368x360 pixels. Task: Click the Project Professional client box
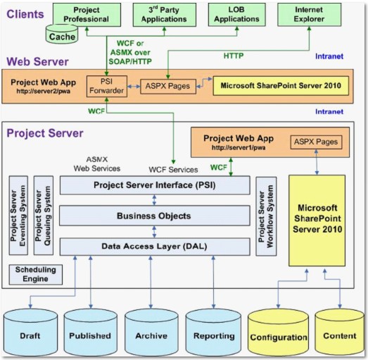[87, 15]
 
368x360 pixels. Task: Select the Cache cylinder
[62, 35]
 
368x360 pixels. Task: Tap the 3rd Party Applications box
[164, 15]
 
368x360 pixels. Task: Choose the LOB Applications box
[237, 14]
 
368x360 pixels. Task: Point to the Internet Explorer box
[310, 14]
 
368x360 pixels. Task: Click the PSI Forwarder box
[107, 86]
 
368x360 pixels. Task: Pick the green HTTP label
[234, 56]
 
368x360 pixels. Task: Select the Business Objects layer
[154, 216]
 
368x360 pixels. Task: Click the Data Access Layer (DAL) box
[155, 247]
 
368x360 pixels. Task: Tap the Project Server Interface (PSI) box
[155, 185]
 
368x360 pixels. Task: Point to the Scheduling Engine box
[36, 275]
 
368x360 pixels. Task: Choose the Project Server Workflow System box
[266, 216]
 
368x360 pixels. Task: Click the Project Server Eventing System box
[18, 216]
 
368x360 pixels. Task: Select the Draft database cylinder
[30, 332]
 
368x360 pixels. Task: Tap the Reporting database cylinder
[213, 332]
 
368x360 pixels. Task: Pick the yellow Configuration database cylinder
[279, 333]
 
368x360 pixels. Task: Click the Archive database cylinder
[151, 332]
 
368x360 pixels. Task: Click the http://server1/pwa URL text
[239, 147]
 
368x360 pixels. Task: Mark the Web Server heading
[37, 61]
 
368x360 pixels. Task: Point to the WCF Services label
[173, 170]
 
